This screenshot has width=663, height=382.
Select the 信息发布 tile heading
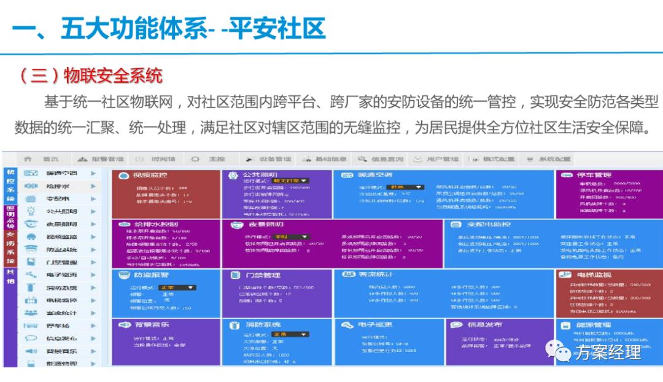tap(484, 324)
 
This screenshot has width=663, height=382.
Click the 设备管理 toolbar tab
tap(274, 158)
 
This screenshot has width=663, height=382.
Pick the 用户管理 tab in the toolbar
tap(442, 158)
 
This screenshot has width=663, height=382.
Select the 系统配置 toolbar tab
tap(555, 158)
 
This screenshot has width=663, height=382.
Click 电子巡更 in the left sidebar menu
tap(62, 275)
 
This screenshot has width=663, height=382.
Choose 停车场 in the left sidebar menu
tap(58, 325)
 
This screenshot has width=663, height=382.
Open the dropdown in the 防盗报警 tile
tap(177, 287)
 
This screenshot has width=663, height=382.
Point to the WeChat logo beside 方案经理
tap(562, 351)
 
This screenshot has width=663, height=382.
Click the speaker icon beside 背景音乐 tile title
tap(125, 324)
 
